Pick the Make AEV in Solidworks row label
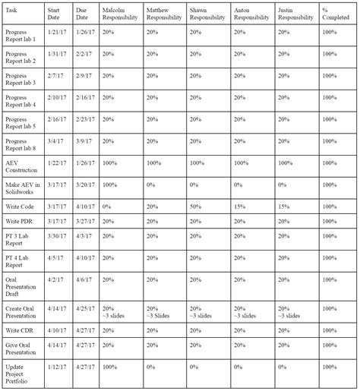[x=22, y=188]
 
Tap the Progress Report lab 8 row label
[x=21, y=144]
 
